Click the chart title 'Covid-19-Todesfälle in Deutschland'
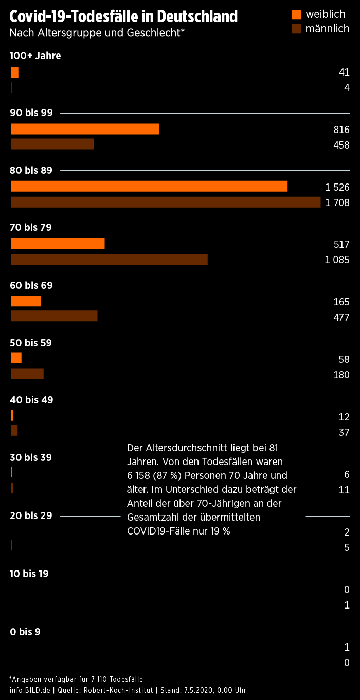pyautogui.click(x=123, y=17)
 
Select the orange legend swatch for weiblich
pyautogui.click(x=296, y=14)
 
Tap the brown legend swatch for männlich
pyautogui.click(x=296, y=29)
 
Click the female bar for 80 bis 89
pyautogui.click(x=149, y=186)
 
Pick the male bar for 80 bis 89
pyautogui.click(x=166, y=202)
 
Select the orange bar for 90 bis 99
pyautogui.click(x=85, y=128)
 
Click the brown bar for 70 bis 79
pyautogui.click(x=109, y=260)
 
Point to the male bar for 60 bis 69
pyautogui.click(x=54, y=316)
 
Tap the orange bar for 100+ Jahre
pyautogui.click(x=14, y=72)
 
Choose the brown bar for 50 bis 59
pyautogui.click(x=27, y=374)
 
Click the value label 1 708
pyautogui.click(x=337, y=203)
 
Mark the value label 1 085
pyautogui.click(x=337, y=260)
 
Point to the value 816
pyautogui.click(x=341, y=130)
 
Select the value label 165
pyautogui.click(x=341, y=302)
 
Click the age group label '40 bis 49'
pyautogui.click(x=31, y=400)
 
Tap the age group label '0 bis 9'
pyautogui.click(x=25, y=632)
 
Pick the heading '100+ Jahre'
pyautogui.click(x=35, y=56)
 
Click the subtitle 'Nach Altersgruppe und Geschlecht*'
pyautogui.click(x=97, y=33)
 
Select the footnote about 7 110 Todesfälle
pyautogui.click(x=76, y=679)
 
